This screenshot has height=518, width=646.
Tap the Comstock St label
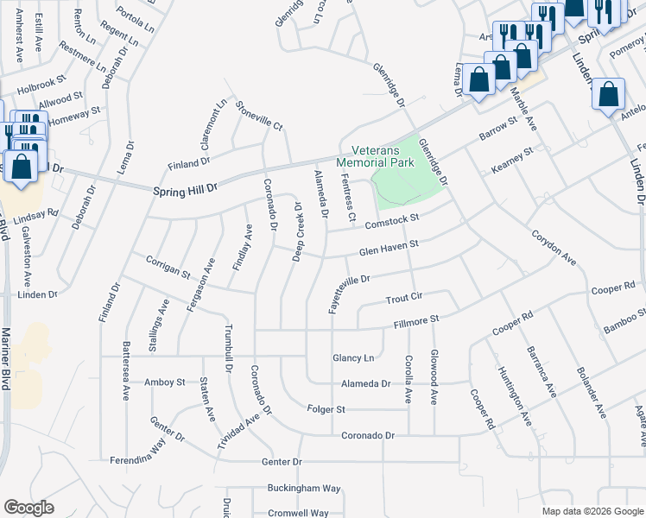[391, 221]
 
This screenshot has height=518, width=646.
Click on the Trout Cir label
[403, 298]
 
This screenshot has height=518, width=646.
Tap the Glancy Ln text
[354, 357]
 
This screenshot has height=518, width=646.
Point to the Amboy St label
[165, 382]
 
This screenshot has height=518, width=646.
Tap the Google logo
[28, 508]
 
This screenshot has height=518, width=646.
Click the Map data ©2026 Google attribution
[592, 511]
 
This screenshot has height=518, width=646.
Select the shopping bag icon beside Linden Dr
[609, 94]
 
